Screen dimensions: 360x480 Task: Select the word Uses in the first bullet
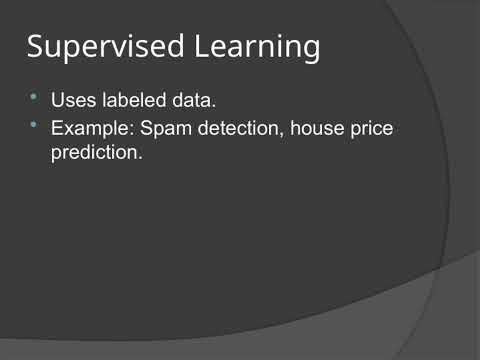coord(71,101)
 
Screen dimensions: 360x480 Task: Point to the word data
coord(195,101)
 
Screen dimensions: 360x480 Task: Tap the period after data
coord(215,106)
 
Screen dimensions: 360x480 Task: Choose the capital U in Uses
coord(57,101)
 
